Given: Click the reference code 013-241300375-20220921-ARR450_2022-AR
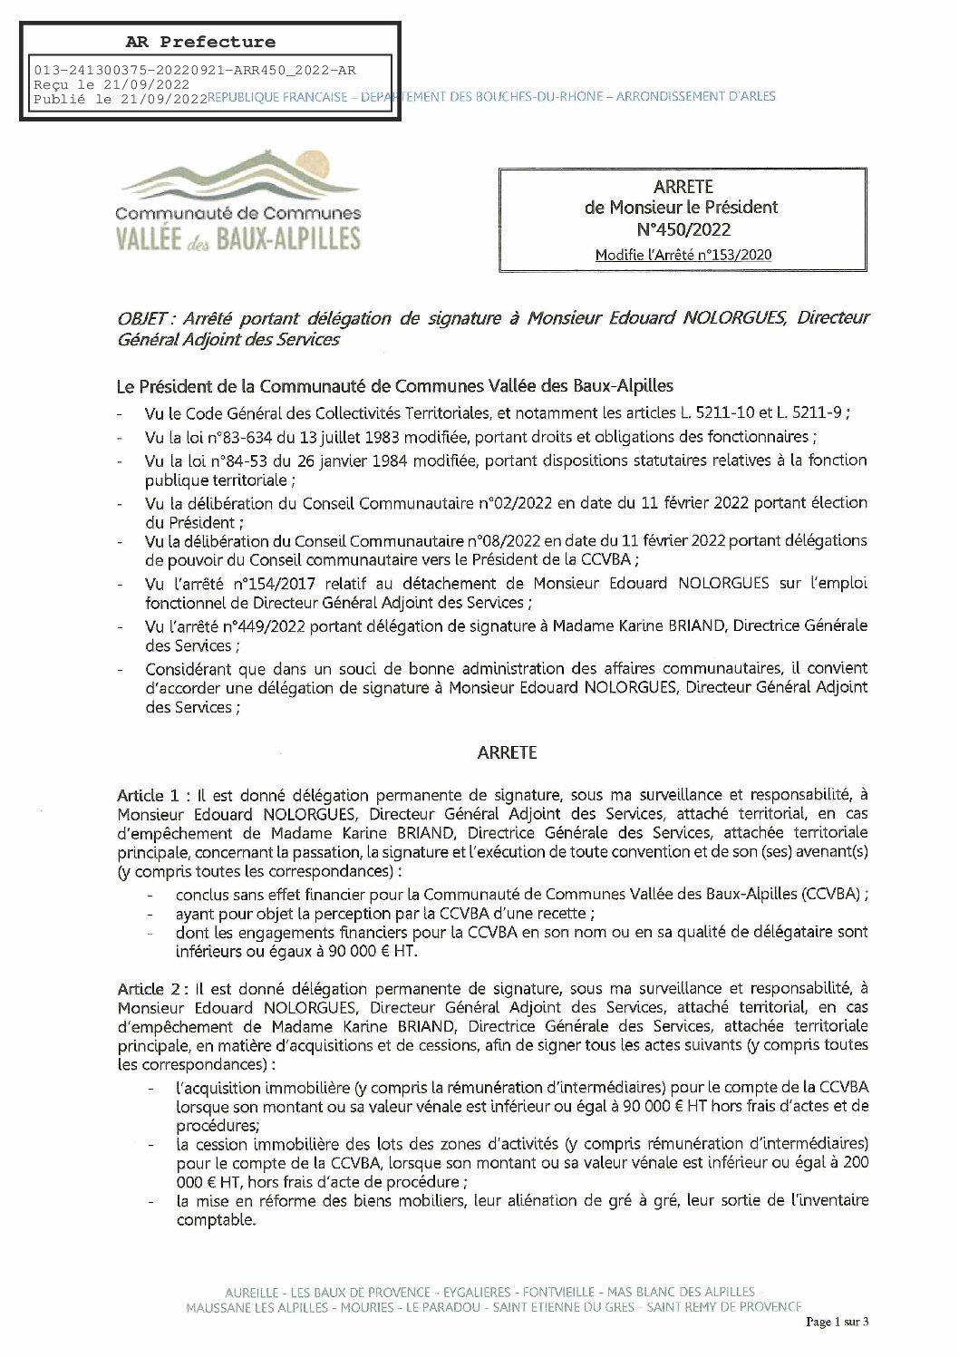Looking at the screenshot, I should (x=195, y=69).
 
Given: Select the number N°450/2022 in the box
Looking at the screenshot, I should (x=683, y=229).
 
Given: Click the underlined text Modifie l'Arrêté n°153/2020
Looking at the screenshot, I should (x=683, y=255).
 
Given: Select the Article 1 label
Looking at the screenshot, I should (x=149, y=794).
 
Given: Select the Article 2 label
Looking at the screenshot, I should (x=149, y=988).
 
